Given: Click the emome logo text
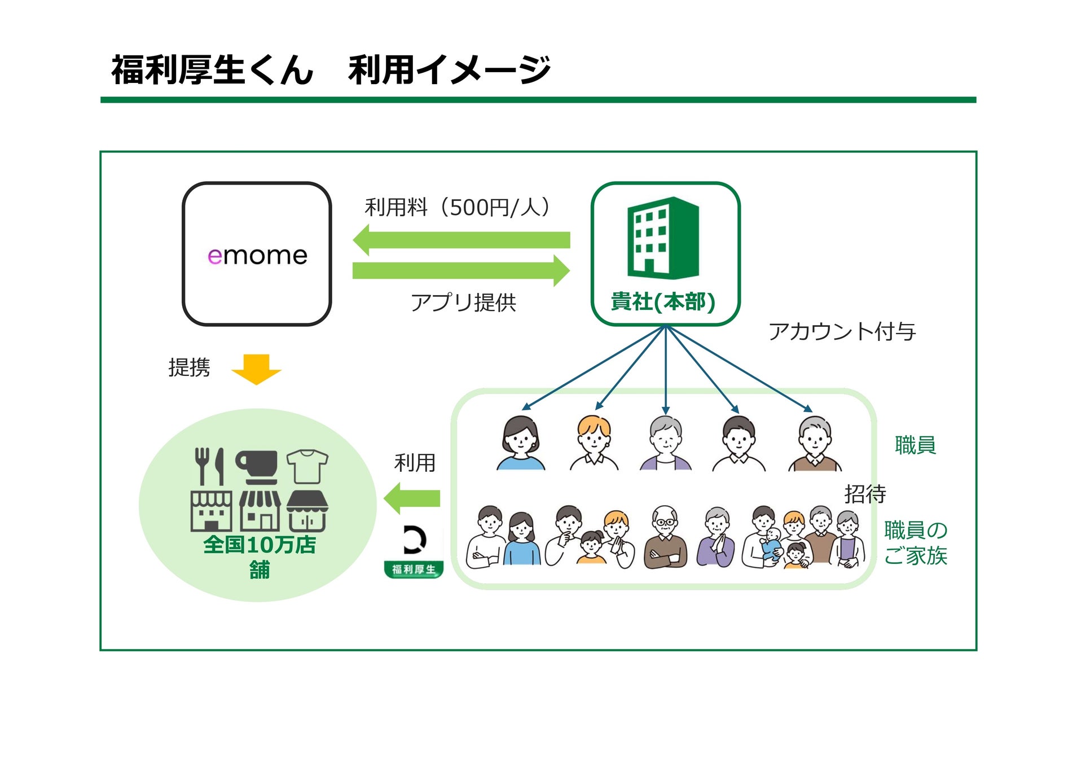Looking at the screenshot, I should [x=257, y=256].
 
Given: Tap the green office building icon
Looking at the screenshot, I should [x=663, y=238].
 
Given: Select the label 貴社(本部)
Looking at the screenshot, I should [x=663, y=302].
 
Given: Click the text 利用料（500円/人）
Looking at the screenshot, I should [x=458, y=207].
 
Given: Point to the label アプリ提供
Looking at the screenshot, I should [x=463, y=303].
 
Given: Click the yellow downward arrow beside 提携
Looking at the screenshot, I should [x=256, y=369].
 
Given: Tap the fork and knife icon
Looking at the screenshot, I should [x=209, y=466].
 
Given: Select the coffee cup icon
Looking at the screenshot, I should [x=257, y=466].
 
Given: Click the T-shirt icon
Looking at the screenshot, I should [x=307, y=466].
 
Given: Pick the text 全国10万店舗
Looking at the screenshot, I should [x=260, y=557].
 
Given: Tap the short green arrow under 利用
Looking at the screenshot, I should [x=412, y=498].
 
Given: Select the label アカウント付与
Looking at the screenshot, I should [x=842, y=331].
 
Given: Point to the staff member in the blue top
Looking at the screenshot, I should [x=521, y=443].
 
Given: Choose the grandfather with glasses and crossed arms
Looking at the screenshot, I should [x=666, y=537].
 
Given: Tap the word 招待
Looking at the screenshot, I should [x=865, y=494].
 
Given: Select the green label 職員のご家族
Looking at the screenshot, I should [x=915, y=542].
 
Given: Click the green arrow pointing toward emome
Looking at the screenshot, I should [x=461, y=240].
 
